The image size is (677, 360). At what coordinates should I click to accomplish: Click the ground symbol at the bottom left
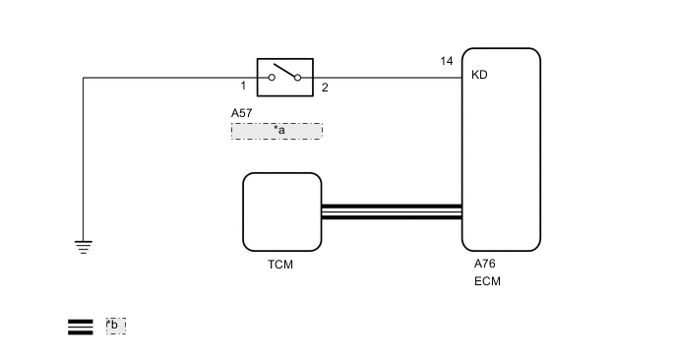(83, 247)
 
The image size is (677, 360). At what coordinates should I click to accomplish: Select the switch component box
(285, 77)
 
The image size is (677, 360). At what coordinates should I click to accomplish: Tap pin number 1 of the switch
(243, 87)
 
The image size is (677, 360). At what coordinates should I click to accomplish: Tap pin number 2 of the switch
(325, 88)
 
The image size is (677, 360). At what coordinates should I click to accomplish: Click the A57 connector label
(242, 113)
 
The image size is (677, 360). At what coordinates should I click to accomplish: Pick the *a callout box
(277, 130)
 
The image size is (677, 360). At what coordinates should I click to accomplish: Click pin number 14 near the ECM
(447, 62)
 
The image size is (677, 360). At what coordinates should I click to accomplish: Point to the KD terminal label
(479, 75)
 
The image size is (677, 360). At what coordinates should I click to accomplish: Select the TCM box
(282, 210)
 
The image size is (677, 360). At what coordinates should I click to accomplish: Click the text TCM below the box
(280, 265)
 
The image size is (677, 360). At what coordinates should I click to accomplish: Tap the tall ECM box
(501, 148)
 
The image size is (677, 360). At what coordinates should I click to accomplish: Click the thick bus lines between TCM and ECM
(392, 211)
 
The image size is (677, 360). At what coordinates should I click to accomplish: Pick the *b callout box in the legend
(115, 326)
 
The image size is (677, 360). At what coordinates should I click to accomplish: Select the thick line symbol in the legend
(80, 327)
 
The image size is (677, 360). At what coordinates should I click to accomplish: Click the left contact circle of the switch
(273, 77)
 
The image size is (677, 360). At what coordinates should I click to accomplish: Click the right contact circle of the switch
(298, 77)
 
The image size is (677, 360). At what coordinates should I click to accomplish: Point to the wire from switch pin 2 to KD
(389, 77)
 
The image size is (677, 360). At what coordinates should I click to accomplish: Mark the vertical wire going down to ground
(83, 157)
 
